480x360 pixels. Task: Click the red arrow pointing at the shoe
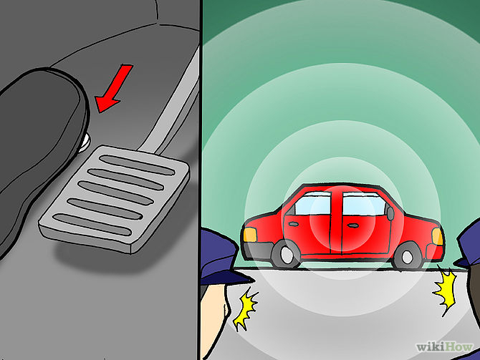pyautogui.click(x=115, y=89)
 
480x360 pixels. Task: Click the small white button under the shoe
pyautogui.click(x=85, y=142)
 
